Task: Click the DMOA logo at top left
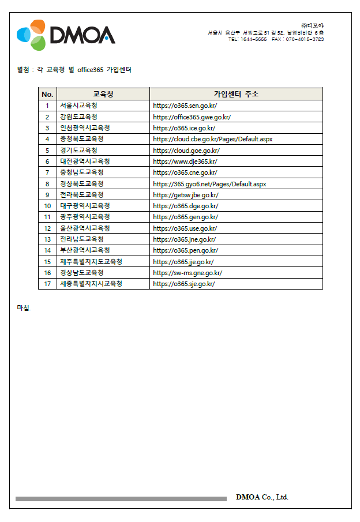65,35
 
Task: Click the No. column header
47,94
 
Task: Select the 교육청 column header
103,94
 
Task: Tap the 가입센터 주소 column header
236,94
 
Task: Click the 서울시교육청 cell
78,106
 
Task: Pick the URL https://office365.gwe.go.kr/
192,117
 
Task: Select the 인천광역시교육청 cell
85,128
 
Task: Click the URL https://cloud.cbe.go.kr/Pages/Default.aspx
212,139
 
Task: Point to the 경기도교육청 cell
78,151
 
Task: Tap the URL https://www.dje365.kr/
185,162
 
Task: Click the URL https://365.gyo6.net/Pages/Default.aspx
209,184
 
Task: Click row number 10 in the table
47,206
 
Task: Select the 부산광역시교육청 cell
85,250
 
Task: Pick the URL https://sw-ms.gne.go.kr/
187,273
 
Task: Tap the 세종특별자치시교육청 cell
91,284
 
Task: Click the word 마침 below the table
23,307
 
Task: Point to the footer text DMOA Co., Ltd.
262,497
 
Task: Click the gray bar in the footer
121,498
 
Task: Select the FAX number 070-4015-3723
304,39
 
